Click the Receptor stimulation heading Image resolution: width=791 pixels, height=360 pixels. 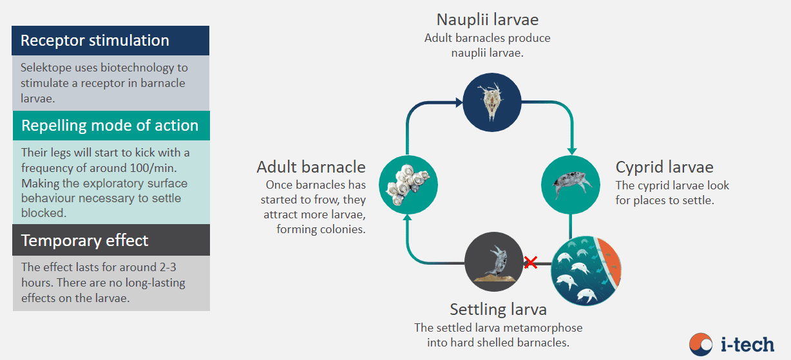(95, 40)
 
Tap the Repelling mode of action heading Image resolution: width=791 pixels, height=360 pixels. (110, 126)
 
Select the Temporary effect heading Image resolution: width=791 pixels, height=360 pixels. (85, 240)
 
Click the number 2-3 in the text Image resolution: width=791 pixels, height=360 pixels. (167, 267)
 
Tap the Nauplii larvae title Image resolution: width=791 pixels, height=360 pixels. (488, 19)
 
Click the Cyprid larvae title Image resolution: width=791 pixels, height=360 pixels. (664, 167)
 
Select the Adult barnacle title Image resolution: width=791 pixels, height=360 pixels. (310, 167)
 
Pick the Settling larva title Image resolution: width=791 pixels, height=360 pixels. (499, 310)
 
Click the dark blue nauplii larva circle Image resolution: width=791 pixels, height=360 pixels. (492, 102)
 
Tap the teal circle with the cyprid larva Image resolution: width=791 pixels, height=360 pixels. (570, 185)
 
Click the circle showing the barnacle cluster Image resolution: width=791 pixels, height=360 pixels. (408, 185)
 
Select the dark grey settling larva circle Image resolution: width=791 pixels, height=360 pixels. (493, 261)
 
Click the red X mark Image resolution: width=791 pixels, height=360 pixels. (531, 262)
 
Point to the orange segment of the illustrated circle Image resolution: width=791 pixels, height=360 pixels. (610, 262)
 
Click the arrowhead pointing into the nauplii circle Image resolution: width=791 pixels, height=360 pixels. (459, 102)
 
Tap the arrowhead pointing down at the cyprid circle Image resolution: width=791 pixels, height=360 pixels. (572, 151)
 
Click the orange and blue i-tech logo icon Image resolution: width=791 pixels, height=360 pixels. (701, 345)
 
